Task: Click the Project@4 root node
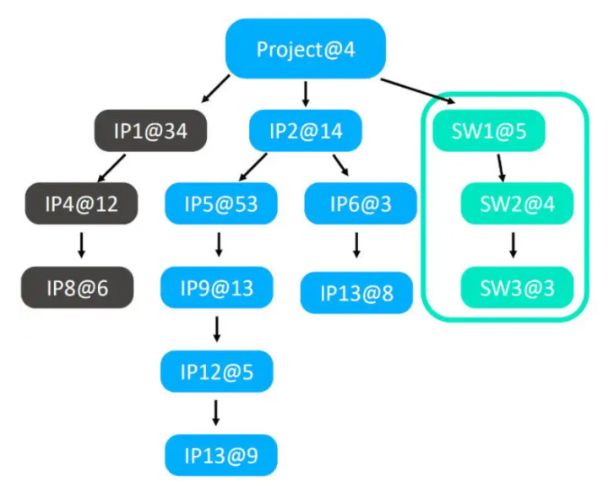(306, 49)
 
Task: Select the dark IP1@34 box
(150, 131)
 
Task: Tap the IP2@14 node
(306, 131)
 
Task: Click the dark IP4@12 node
(81, 203)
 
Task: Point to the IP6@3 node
(361, 203)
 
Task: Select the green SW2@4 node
(517, 203)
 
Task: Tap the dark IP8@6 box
(77, 288)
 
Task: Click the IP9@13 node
(217, 288)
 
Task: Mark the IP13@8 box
(356, 293)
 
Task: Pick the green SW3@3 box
(517, 288)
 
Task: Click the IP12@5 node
(217, 371)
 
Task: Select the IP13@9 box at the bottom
(221, 456)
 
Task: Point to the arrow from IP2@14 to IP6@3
(341, 164)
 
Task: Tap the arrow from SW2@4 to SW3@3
(513, 245)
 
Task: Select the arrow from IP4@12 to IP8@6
(80, 245)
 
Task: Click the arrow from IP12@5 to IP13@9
(217, 413)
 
